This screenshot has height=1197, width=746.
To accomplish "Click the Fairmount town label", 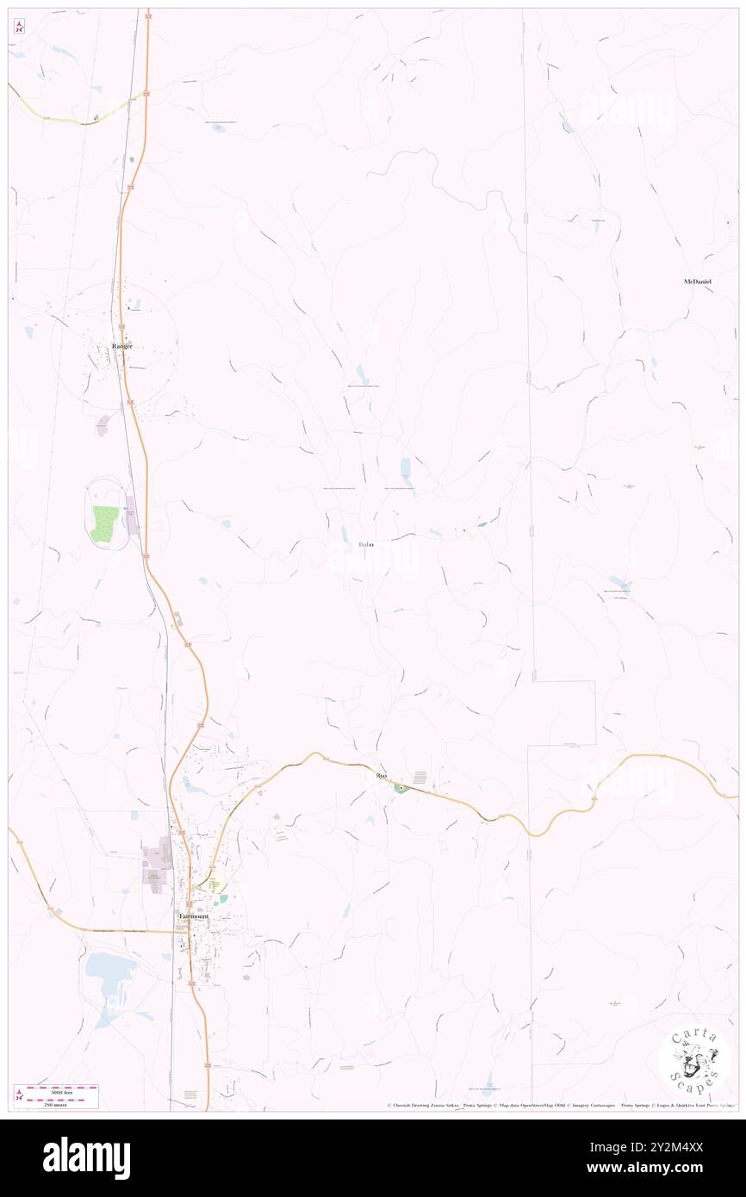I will (194, 916).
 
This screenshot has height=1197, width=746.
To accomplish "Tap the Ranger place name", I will (122, 346).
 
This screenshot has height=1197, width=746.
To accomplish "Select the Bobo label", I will (365, 545).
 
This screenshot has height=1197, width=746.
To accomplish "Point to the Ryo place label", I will (382, 776).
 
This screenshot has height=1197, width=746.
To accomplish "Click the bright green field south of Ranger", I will (103, 524).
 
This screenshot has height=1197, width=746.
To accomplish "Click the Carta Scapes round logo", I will (694, 1061).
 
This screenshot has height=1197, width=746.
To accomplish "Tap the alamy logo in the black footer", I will (86, 1157).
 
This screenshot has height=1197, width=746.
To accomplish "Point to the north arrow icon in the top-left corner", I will (19, 27).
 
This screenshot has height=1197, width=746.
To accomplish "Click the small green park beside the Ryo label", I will (401, 788).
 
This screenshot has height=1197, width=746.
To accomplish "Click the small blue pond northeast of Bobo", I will (405, 468).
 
